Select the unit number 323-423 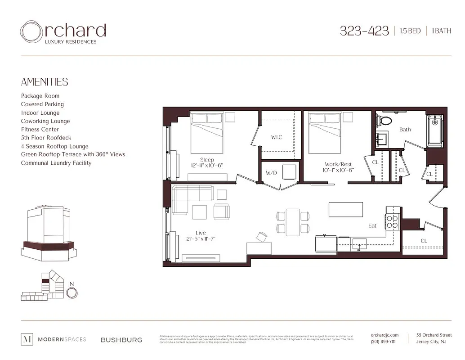coord(364,31)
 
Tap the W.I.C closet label coord(277,137)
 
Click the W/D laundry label coord(271,173)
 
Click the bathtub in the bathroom coord(434,130)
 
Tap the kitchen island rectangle coord(346,209)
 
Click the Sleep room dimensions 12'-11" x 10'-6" coord(207,166)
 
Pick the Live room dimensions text coord(201,238)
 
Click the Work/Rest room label coord(338,164)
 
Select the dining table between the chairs coord(293,221)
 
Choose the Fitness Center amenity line coord(40,130)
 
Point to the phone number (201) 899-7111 coord(384,342)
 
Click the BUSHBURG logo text coord(121,340)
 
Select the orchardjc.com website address coord(385,335)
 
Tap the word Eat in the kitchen coord(372,225)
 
